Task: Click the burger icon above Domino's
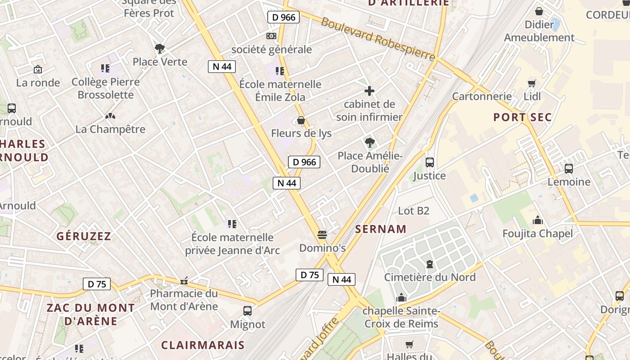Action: [322, 234]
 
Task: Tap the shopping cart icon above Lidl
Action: [532, 83]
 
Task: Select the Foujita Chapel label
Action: [538, 234]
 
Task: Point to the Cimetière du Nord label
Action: [430, 277]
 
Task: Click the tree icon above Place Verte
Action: [159, 48]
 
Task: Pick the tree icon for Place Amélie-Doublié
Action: [370, 143]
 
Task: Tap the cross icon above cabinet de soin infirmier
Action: [369, 91]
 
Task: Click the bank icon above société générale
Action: [271, 36]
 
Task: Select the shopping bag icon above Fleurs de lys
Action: [301, 120]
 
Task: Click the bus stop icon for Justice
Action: [430, 162]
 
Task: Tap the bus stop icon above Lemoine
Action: [569, 169]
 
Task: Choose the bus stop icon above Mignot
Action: [247, 310]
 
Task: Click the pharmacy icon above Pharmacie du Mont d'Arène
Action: [184, 281]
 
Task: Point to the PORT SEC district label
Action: [522, 117]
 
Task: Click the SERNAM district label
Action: [381, 229]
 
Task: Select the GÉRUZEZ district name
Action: [84, 236]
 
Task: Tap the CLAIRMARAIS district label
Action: [203, 345]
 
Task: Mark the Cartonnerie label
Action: [482, 96]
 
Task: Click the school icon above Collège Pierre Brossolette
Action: [105, 68]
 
